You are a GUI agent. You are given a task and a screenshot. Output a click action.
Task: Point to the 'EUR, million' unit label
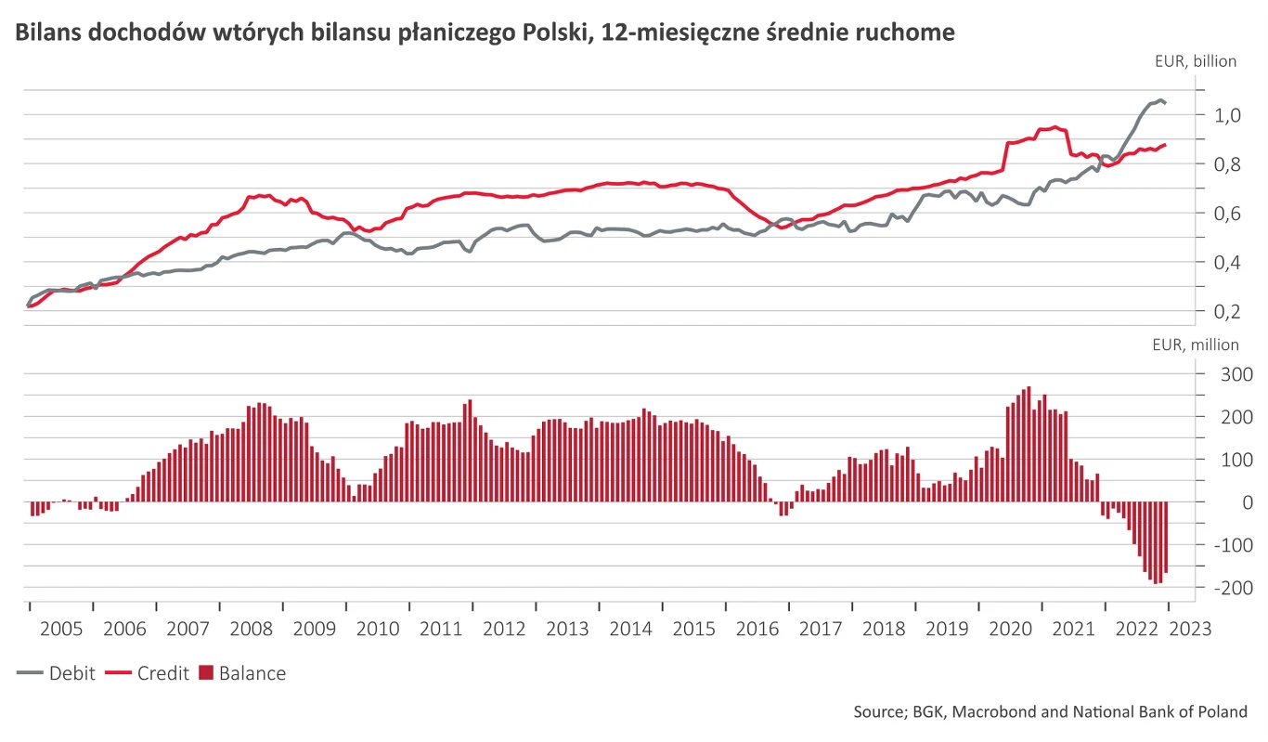1195,345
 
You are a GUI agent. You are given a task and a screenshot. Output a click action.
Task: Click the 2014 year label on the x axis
630,629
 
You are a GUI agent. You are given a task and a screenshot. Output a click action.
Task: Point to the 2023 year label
1190,629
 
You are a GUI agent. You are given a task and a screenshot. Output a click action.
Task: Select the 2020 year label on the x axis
1011,629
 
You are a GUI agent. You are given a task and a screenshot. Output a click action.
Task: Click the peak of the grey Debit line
1160,99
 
